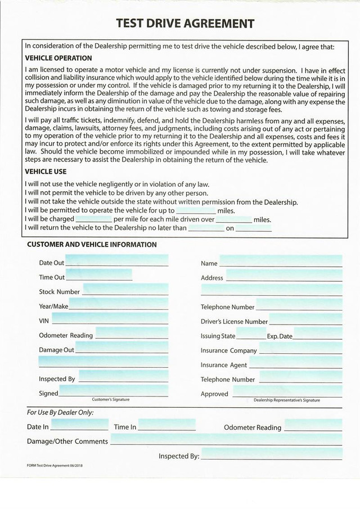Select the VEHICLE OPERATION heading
58,58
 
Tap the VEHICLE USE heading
46,172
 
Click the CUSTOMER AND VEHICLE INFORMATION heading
92,245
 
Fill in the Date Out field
116,262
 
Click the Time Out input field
100,276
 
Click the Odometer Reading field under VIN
132,335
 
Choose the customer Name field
280,262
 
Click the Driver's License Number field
305,321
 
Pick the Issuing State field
251,335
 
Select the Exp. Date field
318,335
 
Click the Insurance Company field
300,350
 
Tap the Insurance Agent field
295,364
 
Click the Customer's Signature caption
111,399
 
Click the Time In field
166,426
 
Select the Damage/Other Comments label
67,442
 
